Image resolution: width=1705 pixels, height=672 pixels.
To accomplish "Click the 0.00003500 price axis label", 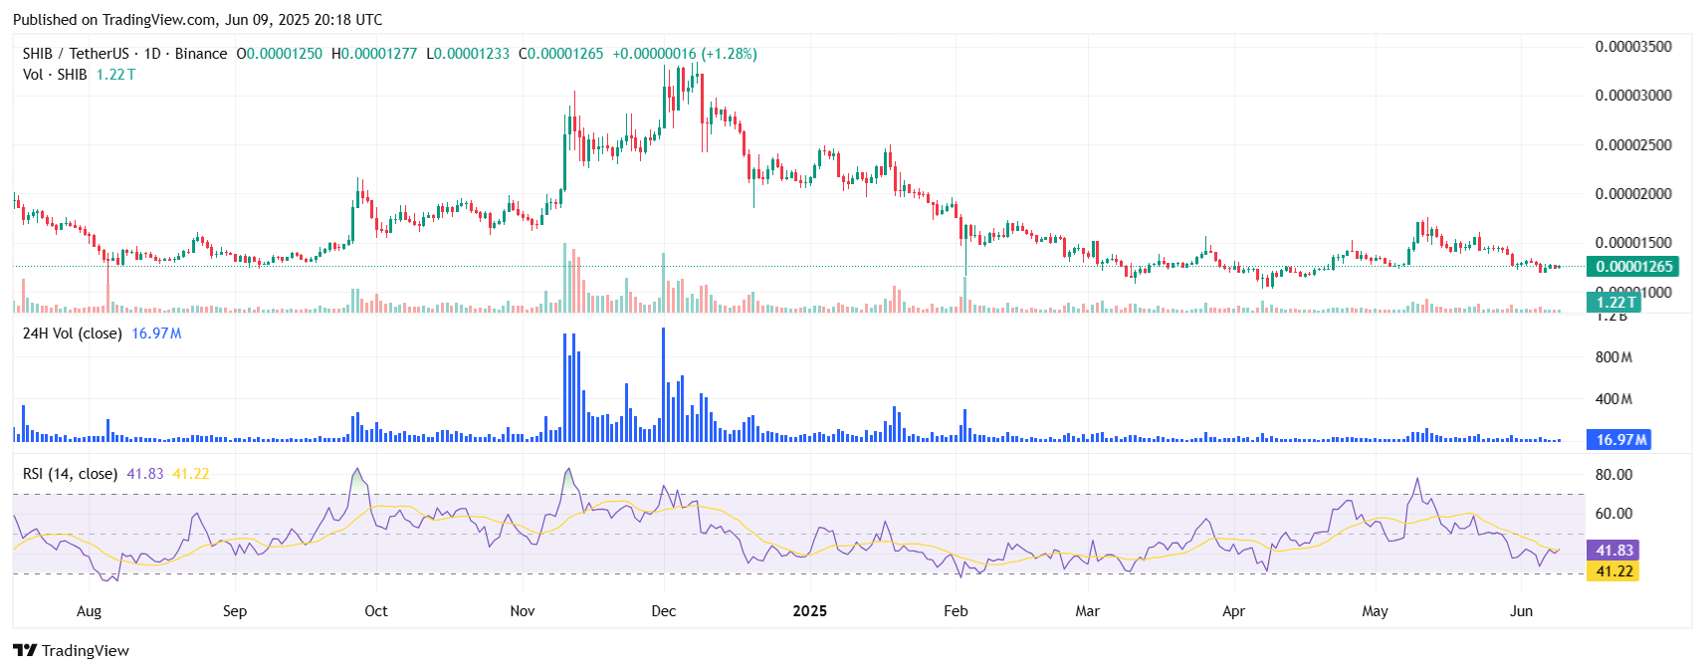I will coord(1633,47).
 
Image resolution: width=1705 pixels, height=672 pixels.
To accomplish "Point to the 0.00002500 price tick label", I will coord(1633,145).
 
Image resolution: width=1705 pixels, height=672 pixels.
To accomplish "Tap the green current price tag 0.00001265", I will coord(1633,267).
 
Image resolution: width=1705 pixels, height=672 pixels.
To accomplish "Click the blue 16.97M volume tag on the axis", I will coord(1620,440).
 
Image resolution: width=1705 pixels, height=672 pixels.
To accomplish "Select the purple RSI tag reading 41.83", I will coord(1614,551).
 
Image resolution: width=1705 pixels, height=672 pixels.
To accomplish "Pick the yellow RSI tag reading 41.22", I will coord(1614,571).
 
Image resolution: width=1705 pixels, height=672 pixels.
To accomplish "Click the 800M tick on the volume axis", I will coord(1613,357).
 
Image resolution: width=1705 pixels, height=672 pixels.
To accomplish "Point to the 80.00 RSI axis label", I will coord(1613,475).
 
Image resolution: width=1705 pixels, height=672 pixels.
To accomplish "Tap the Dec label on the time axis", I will coord(664,611).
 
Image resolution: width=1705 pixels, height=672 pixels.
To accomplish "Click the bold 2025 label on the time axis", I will coord(809,611).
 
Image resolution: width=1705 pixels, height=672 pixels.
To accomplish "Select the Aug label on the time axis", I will coord(89,611).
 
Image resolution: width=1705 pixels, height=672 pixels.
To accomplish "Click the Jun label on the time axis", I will coord(1521,611).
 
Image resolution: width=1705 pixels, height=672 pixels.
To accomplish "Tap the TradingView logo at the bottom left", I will coord(72,651).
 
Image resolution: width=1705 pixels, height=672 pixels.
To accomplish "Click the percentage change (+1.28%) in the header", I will coord(729,54).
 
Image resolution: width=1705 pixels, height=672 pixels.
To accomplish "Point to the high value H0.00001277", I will coord(374,54).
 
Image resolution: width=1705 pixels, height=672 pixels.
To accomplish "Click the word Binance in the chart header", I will coord(201,54).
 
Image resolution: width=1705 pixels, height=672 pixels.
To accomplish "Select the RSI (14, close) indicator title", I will coord(70,474).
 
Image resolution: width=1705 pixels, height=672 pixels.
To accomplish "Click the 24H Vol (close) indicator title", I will coord(72,334).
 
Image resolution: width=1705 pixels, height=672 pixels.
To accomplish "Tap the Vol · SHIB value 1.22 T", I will coord(115,75).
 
